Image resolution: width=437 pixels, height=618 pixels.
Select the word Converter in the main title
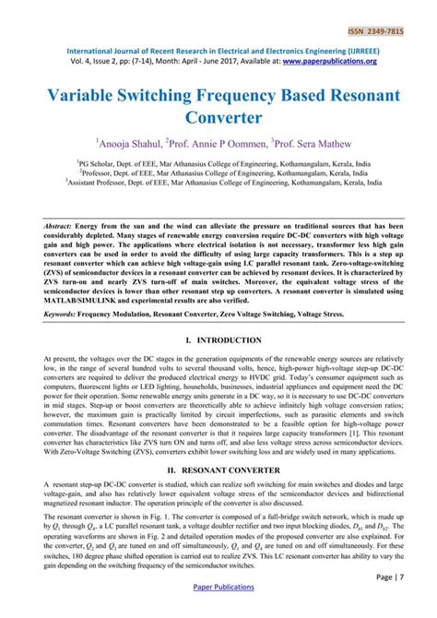pyautogui.click(x=218, y=118)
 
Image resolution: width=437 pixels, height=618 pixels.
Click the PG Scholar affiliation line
pyautogui.click(x=218, y=160)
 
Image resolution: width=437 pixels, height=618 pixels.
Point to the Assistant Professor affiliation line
pyautogui.click(x=218, y=183)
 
